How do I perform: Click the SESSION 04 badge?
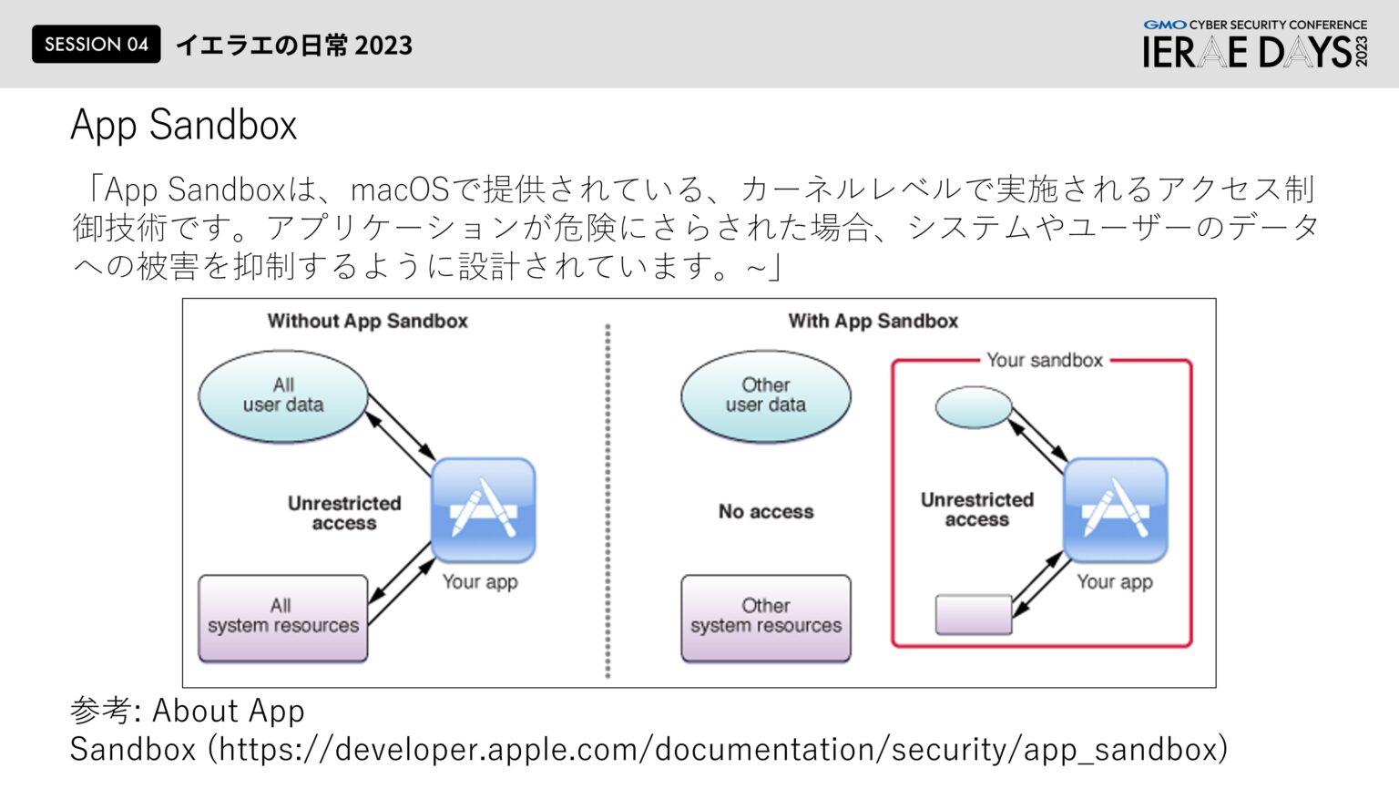click(96, 45)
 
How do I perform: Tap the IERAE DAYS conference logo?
click(1255, 46)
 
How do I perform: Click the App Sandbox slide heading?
click(184, 125)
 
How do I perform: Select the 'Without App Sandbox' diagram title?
click(367, 321)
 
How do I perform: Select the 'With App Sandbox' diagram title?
click(873, 321)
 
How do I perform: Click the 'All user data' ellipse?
click(283, 396)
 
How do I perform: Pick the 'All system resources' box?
click(283, 618)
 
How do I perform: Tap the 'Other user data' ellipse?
click(765, 396)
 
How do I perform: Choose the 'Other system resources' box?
click(765, 618)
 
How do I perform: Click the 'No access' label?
click(765, 512)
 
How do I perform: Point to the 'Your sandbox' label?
click(1044, 361)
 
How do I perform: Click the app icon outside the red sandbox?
click(482, 510)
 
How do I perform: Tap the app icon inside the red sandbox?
click(1115, 510)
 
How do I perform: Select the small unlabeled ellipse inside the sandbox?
click(973, 407)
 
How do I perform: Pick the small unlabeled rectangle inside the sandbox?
click(973, 614)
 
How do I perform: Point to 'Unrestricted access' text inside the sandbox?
click(976, 509)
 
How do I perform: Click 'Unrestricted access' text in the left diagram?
click(344, 513)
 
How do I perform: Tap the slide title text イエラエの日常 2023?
click(293, 46)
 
